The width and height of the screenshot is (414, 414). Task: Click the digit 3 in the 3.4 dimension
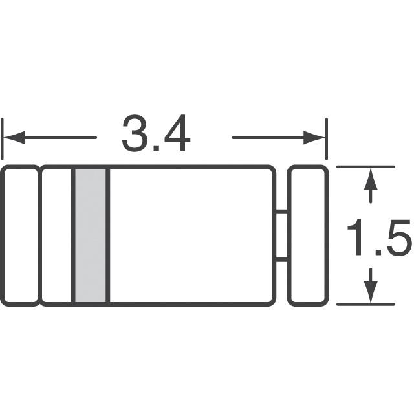pos(135,133)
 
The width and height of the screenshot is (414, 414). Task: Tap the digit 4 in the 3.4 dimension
pos(176,133)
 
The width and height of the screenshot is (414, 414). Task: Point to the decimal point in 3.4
pos(156,149)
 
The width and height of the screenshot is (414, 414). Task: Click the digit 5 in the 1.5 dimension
pos(398,237)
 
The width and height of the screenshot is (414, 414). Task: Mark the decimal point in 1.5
pos(378,253)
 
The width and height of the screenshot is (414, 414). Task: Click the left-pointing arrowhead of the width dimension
pos(14,138)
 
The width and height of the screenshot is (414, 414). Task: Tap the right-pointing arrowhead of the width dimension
pos(314,138)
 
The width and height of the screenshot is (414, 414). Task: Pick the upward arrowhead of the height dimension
pos(371,179)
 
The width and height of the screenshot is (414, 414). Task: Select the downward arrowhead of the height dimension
pos(371,292)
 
